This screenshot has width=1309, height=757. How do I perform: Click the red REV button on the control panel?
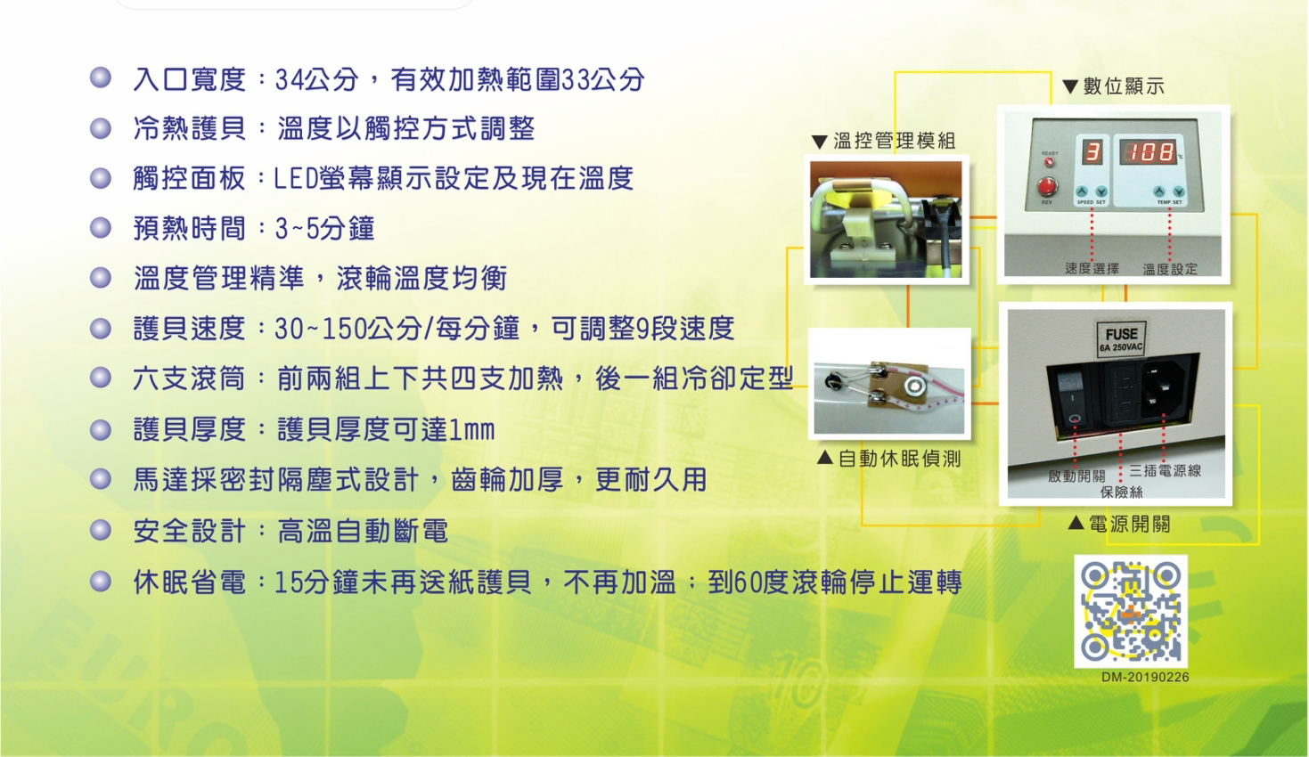tap(1047, 187)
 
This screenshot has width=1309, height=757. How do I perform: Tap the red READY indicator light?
tap(1050, 161)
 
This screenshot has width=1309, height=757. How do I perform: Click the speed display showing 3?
tap(1092, 152)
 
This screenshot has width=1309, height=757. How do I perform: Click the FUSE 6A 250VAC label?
tap(1121, 338)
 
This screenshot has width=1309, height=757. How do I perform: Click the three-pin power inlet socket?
tap(1164, 387)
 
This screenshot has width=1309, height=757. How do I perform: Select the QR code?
tap(1130, 611)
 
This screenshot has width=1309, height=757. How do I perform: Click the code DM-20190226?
tap(1145, 678)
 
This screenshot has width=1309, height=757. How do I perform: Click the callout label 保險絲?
tap(1121, 492)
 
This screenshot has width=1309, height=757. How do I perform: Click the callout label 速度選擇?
tap(1092, 268)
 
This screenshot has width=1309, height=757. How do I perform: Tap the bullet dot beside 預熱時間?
tap(101, 228)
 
